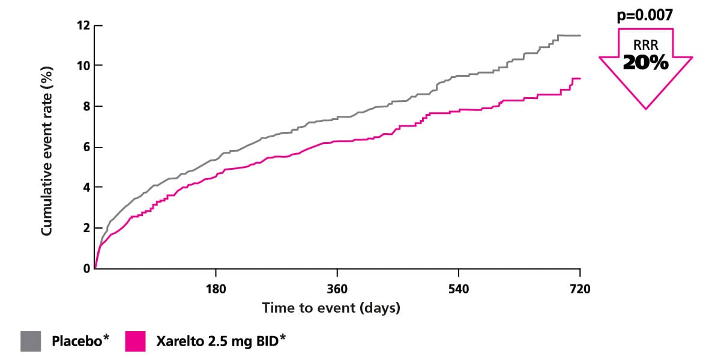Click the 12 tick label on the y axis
[82, 26]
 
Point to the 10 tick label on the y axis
[82, 65]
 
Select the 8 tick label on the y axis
[85, 106]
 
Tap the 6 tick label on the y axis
[85, 147]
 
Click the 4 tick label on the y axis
[85, 187]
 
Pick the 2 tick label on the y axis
[85, 228]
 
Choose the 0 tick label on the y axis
[85, 268]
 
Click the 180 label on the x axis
[216, 289]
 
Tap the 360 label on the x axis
[337, 289]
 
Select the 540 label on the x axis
[459, 289]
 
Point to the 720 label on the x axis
[580, 289]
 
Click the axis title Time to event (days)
[331, 308]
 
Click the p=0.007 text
[645, 16]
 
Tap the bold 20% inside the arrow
[645, 62]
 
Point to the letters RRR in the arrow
[645, 44]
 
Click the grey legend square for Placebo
[31, 341]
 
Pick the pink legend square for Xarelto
[135, 341]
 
